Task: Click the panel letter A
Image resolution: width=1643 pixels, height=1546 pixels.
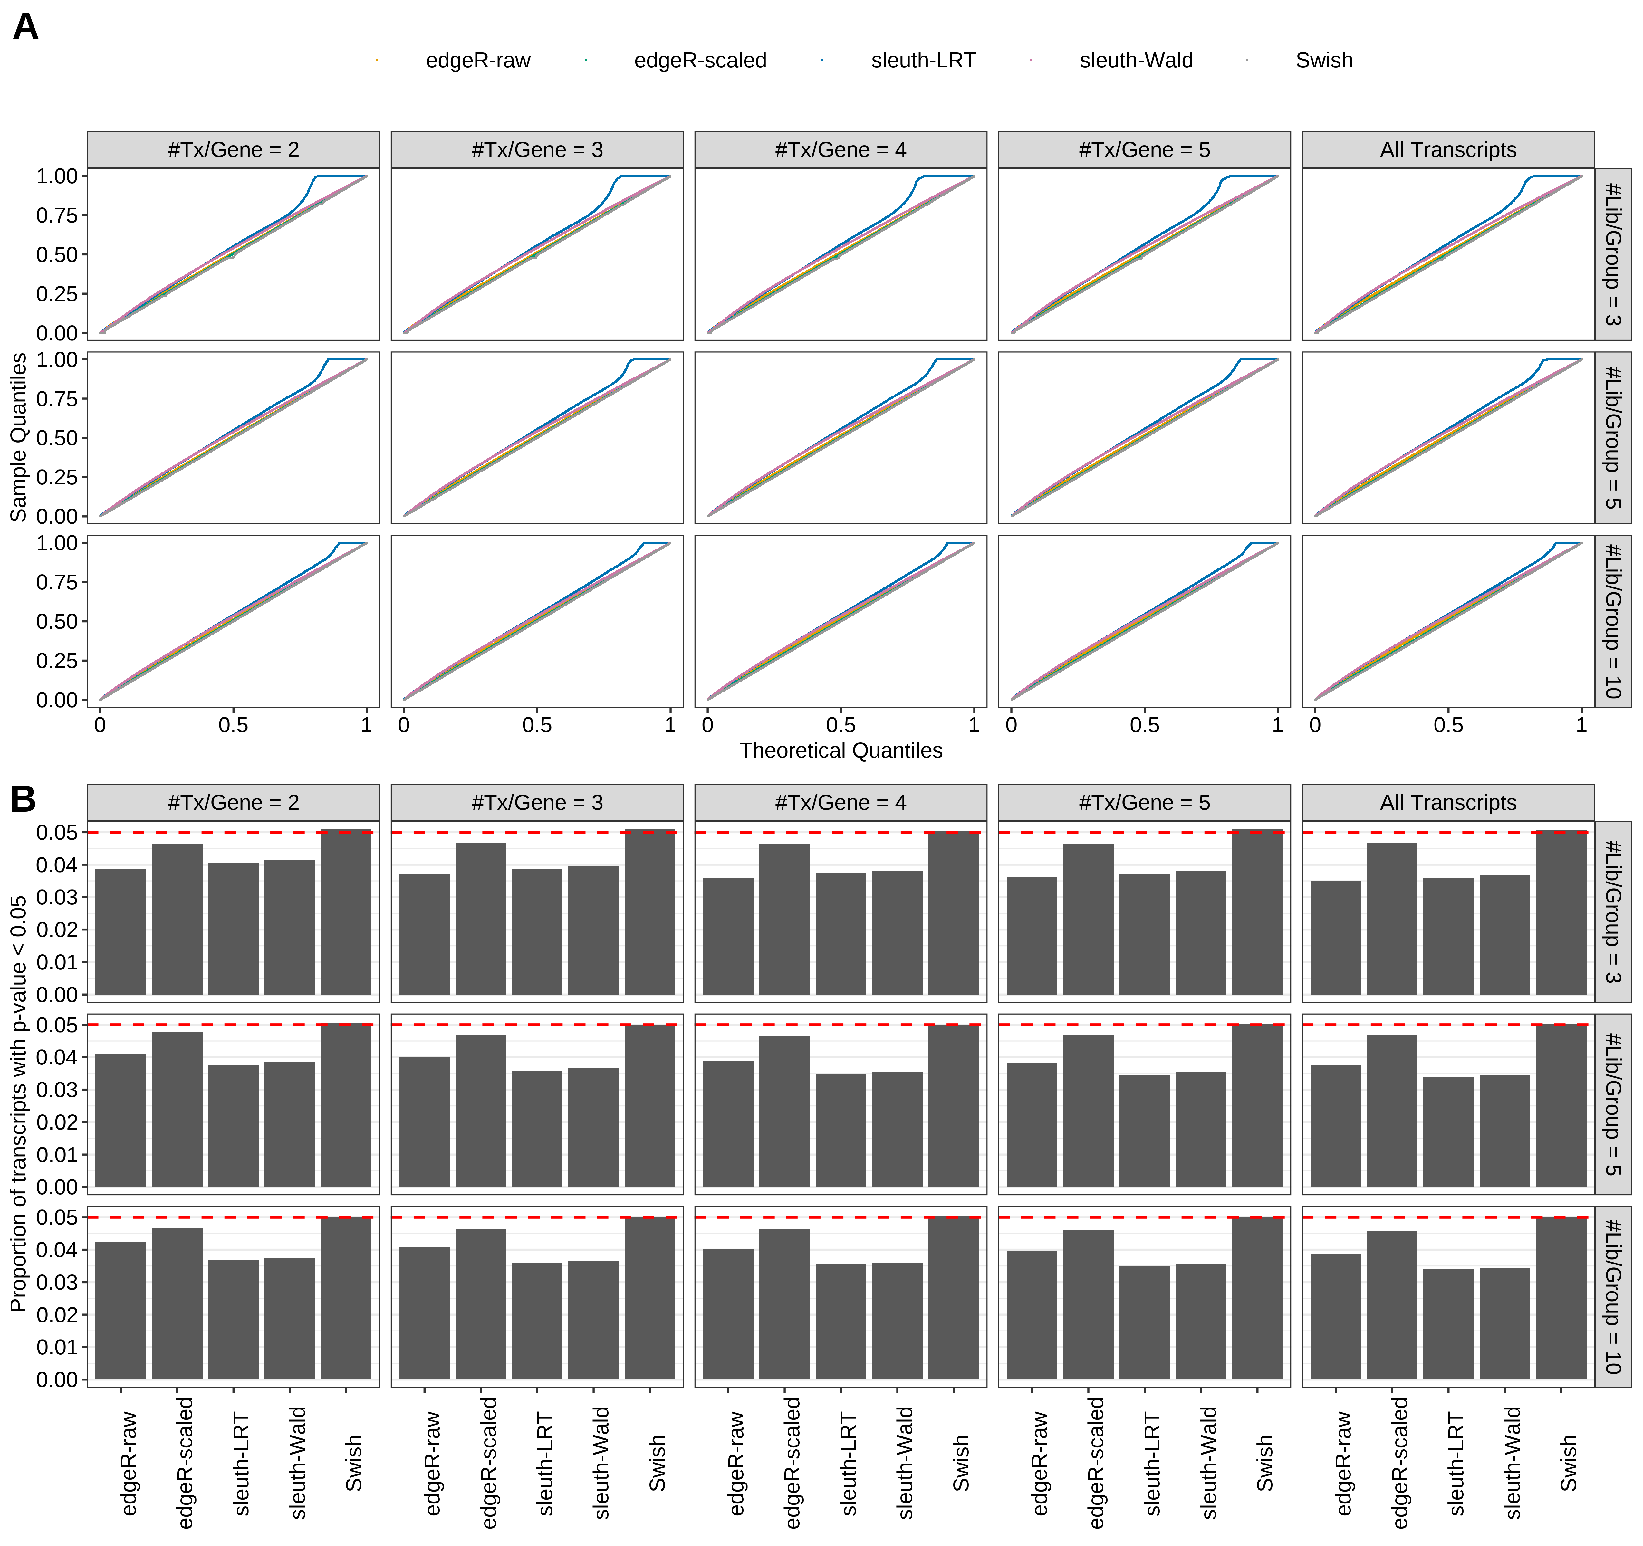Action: [26, 27]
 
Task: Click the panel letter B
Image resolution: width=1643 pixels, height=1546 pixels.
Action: [23, 799]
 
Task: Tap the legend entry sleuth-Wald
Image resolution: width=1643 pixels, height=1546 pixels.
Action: [1136, 60]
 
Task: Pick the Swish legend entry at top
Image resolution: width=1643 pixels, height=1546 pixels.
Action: [1323, 60]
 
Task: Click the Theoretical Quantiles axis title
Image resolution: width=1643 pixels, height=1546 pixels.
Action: [841, 750]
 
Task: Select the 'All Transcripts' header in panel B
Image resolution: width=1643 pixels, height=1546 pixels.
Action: [1448, 802]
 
